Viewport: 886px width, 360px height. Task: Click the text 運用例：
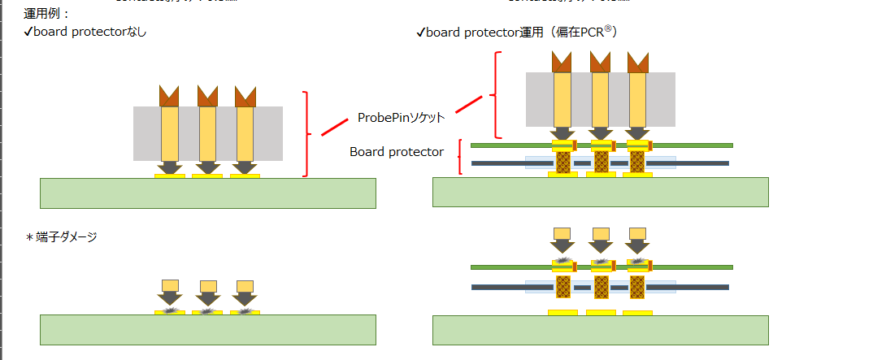click(x=48, y=14)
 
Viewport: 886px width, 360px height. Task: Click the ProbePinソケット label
click(x=401, y=117)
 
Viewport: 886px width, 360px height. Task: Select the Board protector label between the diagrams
click(x=397, y=152)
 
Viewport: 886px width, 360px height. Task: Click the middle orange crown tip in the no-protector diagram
click(x=207, y=96)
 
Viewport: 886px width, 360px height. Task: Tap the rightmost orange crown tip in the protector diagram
click(x=638, y=61)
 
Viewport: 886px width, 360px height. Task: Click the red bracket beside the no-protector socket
click(x=306, y=134)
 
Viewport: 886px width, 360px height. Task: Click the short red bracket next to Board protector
click(x=461, y=157)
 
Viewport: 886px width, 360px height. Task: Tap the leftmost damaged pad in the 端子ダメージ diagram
click(x=169, y=311)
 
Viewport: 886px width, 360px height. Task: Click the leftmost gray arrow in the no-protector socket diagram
click(x=169, y=167)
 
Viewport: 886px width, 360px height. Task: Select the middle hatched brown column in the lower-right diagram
click(x=601, y=287)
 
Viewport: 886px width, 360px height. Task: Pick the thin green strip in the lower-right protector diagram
click(x=504, y=267)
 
